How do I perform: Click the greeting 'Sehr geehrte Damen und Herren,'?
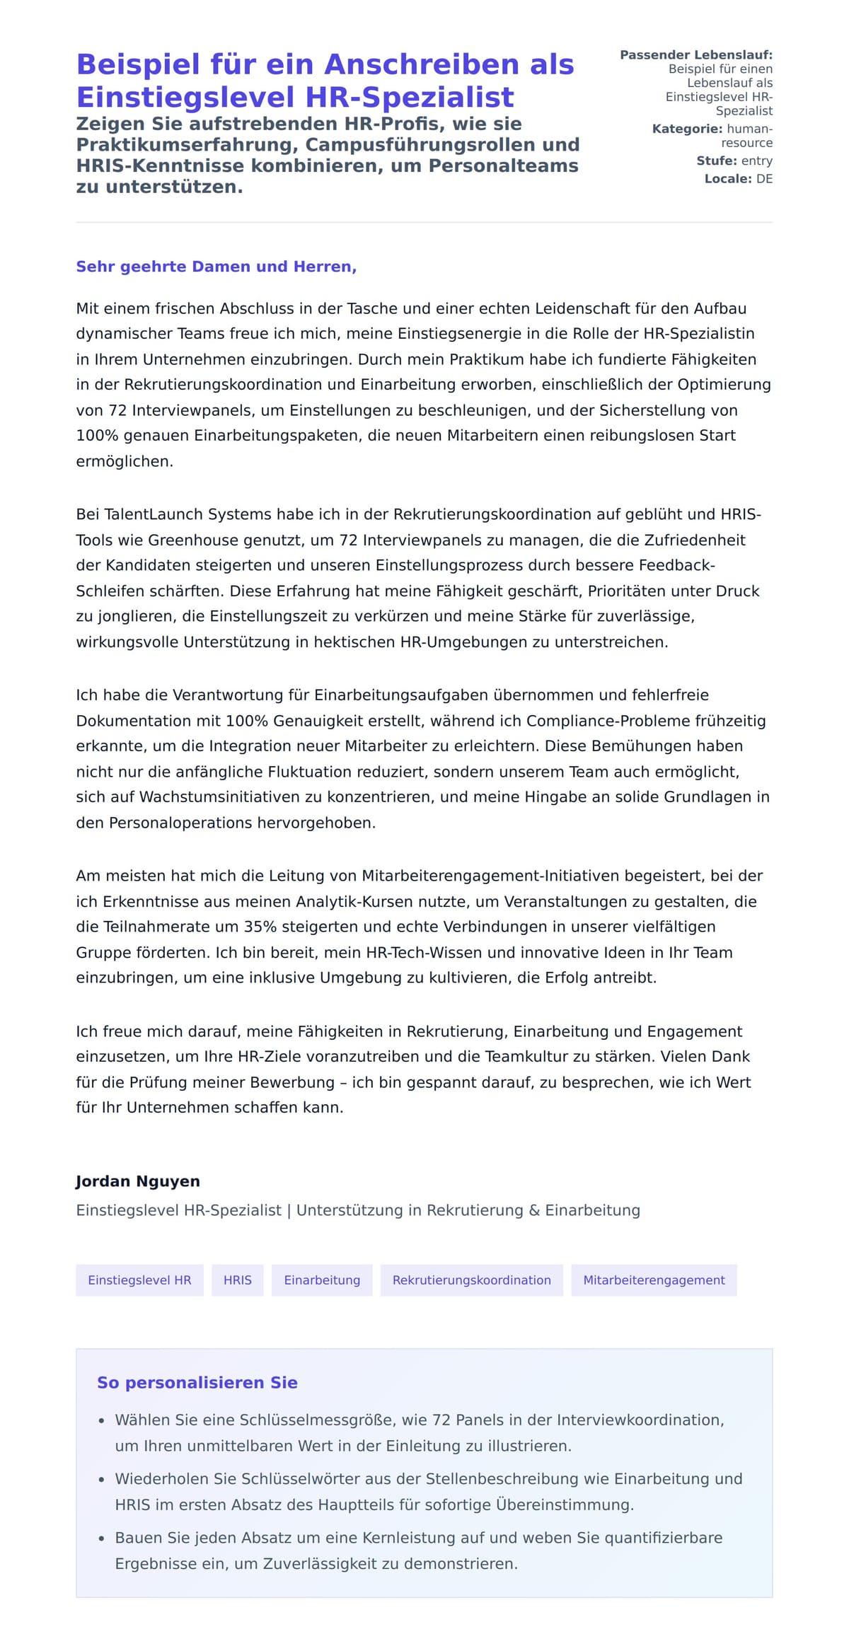click(216, 267)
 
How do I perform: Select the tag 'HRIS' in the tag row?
click(238, 1280)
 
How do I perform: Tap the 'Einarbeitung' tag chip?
click(322, 1280)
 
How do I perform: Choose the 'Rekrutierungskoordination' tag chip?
click(471, 1280)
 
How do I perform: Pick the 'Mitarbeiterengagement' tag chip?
click(654, 1280)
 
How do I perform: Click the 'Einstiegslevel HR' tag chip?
click(139, 1280)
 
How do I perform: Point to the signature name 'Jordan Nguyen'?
click(138, 1181)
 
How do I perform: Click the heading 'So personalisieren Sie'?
click(197, 1382)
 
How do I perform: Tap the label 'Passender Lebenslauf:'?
click(696, 55)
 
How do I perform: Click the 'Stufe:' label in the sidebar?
click(717, 161)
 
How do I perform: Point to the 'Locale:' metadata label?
click(727, 179)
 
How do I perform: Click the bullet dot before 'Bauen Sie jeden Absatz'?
click(101, 1538)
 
